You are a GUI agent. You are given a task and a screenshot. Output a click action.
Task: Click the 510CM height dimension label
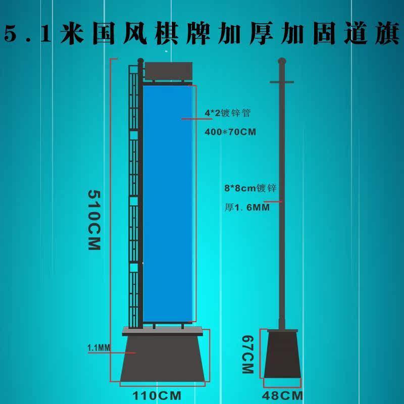pos(94,220)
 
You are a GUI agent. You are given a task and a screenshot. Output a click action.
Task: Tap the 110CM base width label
pos(156,394)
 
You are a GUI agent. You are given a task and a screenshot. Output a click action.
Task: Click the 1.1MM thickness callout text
pos(98,347)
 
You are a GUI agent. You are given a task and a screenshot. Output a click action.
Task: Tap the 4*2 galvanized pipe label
pos(227,113)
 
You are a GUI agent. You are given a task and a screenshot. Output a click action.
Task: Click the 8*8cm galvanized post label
pos(250,188)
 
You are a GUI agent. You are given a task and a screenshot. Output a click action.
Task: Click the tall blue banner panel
pos(167,202)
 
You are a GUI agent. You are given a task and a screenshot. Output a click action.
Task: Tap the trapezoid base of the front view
pos(164,359)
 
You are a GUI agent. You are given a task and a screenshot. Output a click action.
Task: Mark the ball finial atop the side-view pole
pos(281,61)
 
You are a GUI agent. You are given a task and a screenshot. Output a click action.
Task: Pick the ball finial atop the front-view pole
pos(140,62)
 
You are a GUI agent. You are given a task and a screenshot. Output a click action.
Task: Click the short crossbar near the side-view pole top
pos(281,81)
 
